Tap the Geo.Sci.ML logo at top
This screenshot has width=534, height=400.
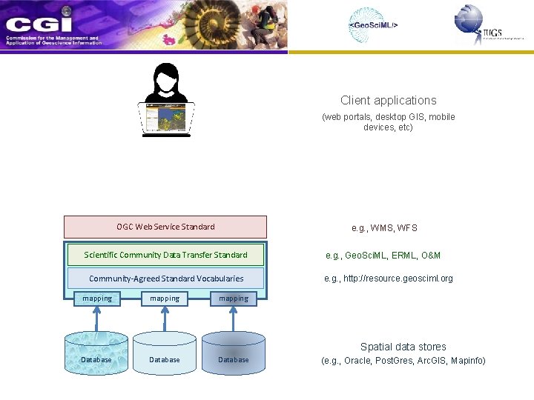pyautogui.click(x=374, y=25)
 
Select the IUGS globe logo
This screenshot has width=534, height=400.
pyautogui.click(x=469, y=20)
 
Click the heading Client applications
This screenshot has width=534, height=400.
pyautogui.click(x=388, y=100)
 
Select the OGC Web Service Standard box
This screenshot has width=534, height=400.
pyautogui.click(x=165, y=227)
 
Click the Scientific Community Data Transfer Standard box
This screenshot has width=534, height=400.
pyautogui.click(x=165, y=255)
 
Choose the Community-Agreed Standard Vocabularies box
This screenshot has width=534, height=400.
pyautogui.click(x=165, y=279)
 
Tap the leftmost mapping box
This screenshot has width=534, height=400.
pyautogui.click(x=97, y=299)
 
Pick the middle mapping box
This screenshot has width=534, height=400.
pyautogui.click(x=165, y=299)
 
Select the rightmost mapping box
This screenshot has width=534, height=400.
pyautogui.click(x=234, y=299)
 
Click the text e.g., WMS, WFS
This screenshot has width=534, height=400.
pyautogui.click(x=384, y=228)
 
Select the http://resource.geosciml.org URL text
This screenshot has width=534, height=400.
pyautogui.click(x=388, y=279)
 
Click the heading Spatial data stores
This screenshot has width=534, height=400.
pyautogui.click(x=403, y=347)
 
